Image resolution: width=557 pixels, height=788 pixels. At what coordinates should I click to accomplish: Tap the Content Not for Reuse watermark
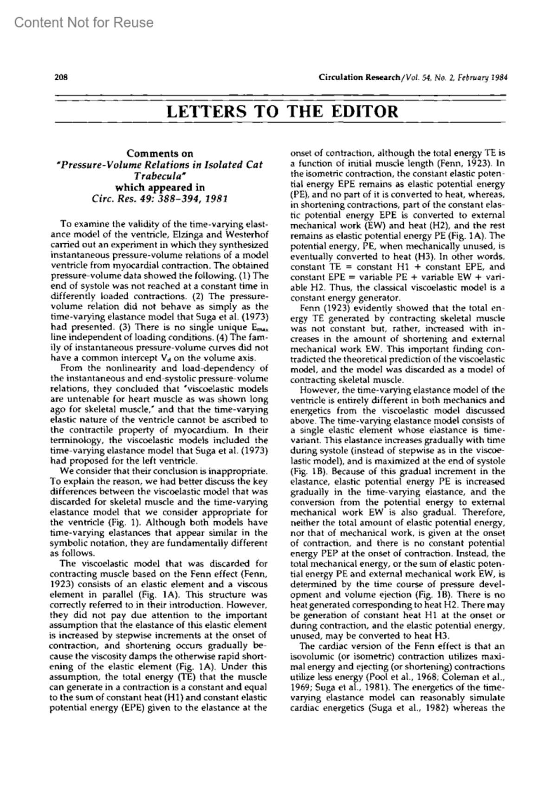[84, 22]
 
